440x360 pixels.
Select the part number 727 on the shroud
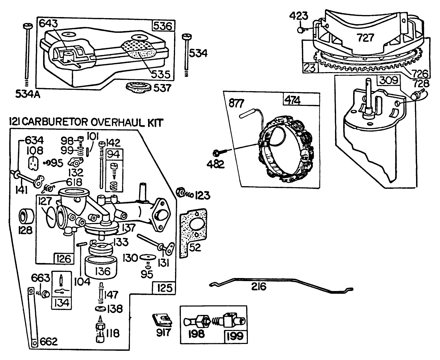click(x=366, y=38)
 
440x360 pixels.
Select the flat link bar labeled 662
click(x=33, y=316)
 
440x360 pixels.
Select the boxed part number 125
click(x=164, y=288)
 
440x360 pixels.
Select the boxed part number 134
click(x=61, y=302)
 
